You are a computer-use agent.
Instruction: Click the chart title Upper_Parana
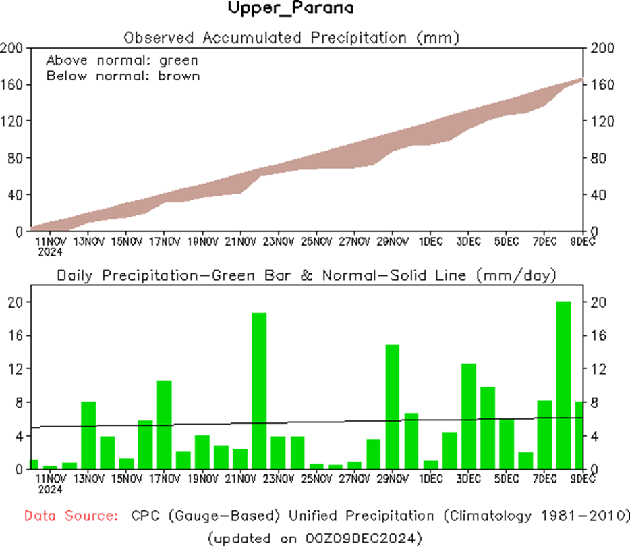[x=290, y=9]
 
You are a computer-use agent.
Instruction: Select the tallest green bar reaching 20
[x=564, y=385]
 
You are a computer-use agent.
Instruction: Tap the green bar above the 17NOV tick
[x=165, y=425]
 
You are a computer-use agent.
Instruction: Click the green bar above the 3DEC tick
[x=469, y=416]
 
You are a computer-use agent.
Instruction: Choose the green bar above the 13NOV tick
[x=88, y=435]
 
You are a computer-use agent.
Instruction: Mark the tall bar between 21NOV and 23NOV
[x=260, y=391]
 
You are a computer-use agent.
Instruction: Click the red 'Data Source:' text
[x=71, y=516]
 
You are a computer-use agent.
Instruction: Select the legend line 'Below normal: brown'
[x=123, y=76]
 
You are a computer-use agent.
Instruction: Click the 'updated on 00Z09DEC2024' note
[x=314, y=538]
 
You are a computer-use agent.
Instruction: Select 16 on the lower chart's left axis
[x=16, y=335]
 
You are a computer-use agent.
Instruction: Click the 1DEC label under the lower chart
[x=431, y=479]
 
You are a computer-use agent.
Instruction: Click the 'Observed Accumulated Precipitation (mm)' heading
[x=291, y=38]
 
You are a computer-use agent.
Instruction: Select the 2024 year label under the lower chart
[x=51, y=489]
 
